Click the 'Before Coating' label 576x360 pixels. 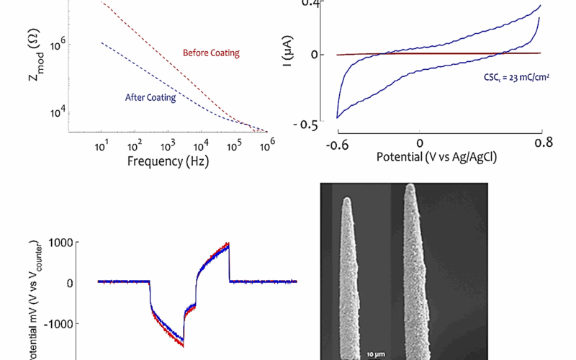(211, 53)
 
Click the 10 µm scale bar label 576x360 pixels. (372, 355)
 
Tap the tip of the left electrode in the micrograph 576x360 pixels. (347, 199)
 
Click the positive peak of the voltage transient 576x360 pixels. (228, 243)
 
